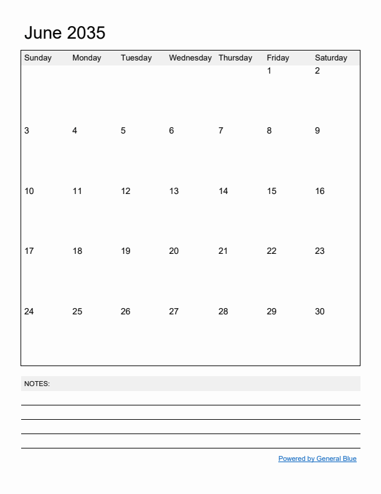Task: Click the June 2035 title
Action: [65, 33]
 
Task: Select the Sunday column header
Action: [38, 58]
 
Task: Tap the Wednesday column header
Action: [190, 58]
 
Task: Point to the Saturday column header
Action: [331, 58]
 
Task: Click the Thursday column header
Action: [235, 58]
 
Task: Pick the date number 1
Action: [269, 71]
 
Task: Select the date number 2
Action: [317, 71]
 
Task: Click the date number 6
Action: [172, 131]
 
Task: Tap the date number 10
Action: [29, 191]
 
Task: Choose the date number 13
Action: [174, 191]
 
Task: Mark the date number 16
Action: [320, 191]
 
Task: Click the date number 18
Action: [77, 251]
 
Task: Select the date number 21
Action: [223, 251]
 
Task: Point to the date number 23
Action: [320, 251]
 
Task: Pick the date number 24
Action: [29, 312]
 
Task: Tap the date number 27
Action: [174, 312]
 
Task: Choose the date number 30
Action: [320, 312]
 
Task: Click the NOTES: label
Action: [37, 384]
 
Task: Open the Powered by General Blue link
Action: [317, 459]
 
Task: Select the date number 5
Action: [123, 131]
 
